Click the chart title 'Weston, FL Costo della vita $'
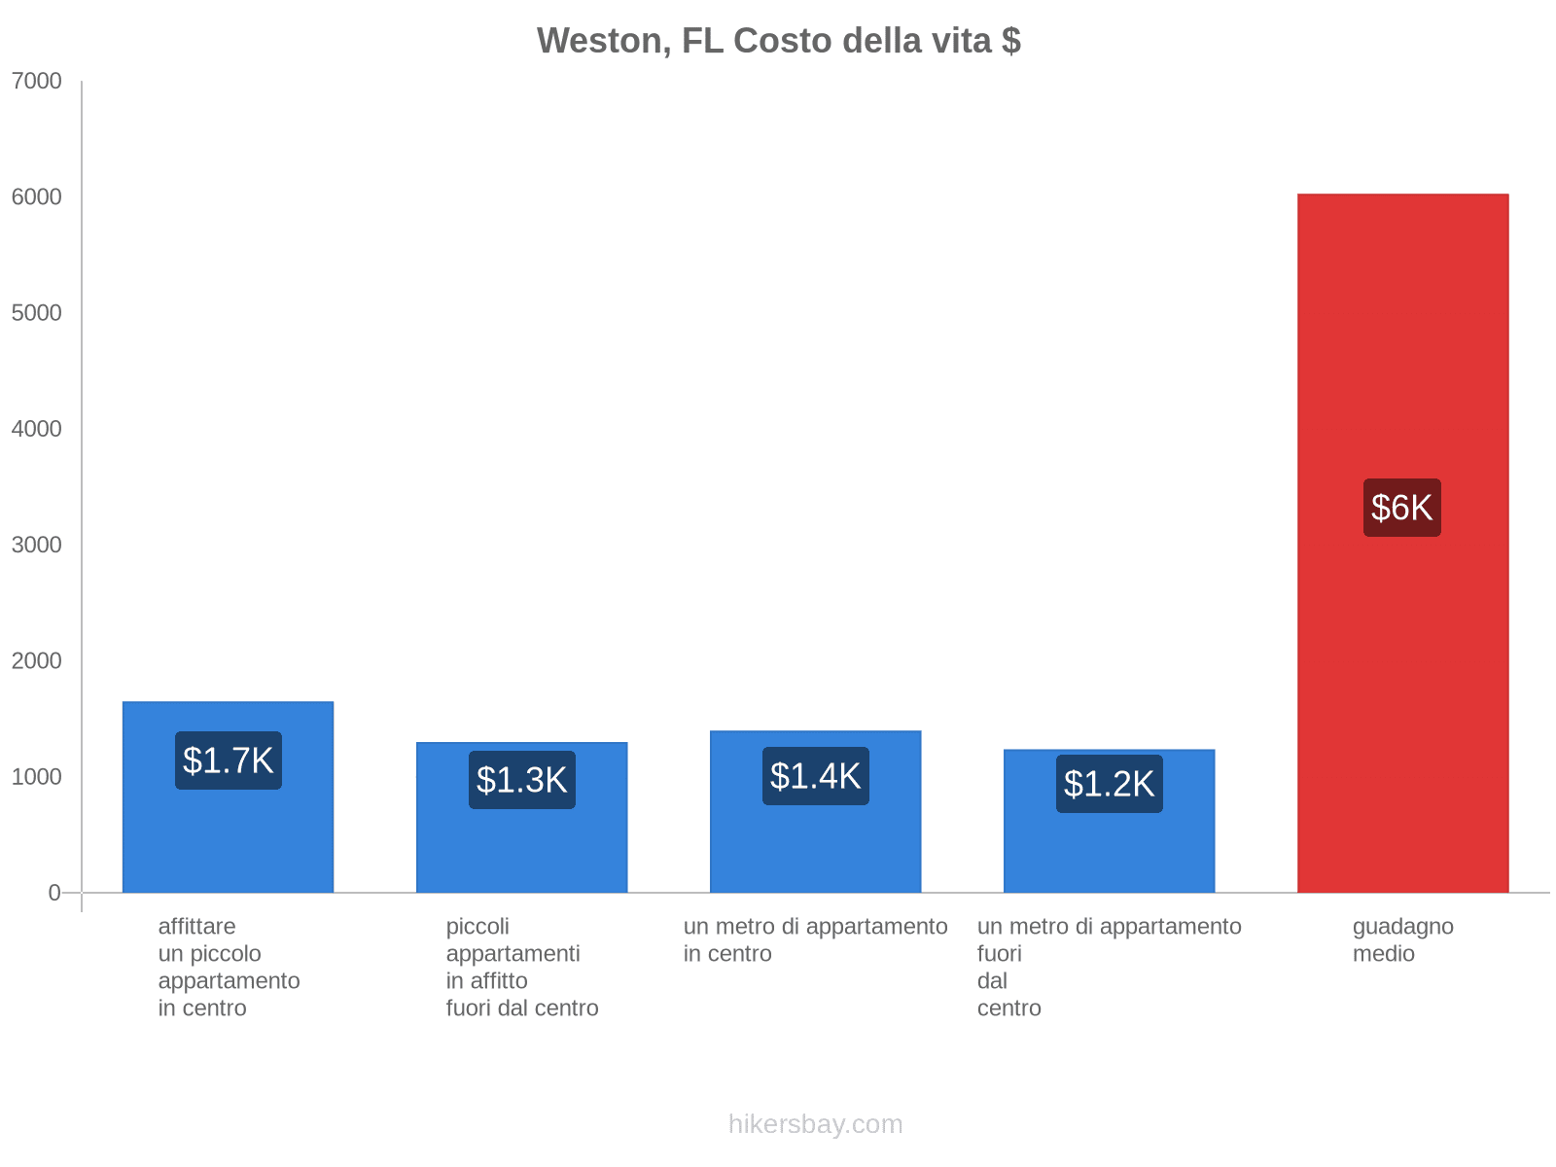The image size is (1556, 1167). (778, 41)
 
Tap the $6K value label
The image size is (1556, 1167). (1401, 508)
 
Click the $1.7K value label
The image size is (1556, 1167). (229, 760)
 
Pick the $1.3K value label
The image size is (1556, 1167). (522, 780)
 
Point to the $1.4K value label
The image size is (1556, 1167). (816, 776)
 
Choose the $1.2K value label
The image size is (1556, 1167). (1109, 784)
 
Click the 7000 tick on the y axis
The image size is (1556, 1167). (37, 82)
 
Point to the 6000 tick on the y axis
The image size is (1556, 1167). (37, 197)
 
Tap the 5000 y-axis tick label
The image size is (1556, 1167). (37, 313)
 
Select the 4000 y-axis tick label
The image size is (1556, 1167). (37, 429)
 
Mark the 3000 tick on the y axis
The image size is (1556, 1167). (37, 545)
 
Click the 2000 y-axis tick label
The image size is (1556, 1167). (37, 661)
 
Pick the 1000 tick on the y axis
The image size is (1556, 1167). (37, 777)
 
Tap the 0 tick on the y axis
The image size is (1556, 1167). (54, 893)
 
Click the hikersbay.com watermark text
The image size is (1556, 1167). (815, 1125)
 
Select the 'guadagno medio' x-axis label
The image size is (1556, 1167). (1402, 940)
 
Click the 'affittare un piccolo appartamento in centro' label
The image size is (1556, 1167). (229, 968)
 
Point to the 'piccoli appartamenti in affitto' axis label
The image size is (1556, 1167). (522, 968)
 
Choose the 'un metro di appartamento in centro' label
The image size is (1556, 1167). (815, 940)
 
